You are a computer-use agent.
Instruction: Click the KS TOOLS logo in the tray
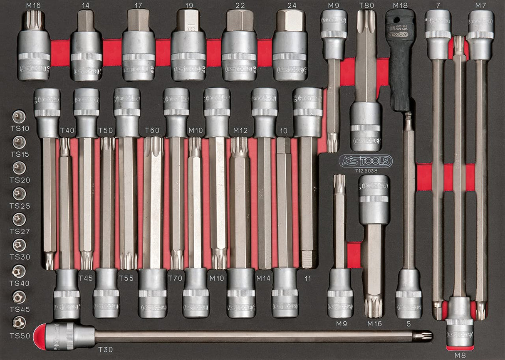(365, 161)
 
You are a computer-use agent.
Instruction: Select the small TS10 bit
(19, 117)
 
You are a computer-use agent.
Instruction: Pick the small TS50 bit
(19, 323)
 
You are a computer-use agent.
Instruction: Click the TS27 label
(20, 232)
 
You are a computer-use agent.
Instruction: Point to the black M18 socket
(400, 58)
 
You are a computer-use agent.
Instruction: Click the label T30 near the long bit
(105, 350)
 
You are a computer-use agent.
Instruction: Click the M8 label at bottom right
(460, 355)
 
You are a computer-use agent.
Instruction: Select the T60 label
(152, 131)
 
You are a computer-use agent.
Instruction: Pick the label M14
(263, 278)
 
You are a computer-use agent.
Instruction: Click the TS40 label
(20, 283)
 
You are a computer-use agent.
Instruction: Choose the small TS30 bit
(19, 245)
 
